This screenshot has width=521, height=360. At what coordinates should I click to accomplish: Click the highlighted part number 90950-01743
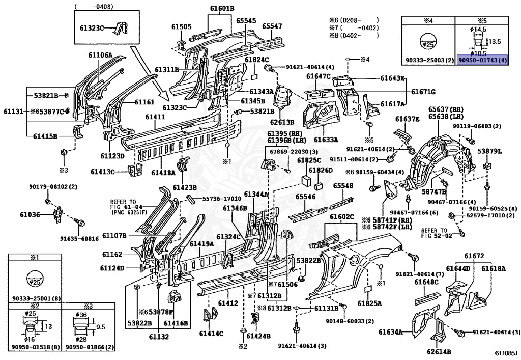pyautogui.click(x=482, y=60)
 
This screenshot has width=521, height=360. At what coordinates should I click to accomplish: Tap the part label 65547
pyautogui.click(x=272, y=25)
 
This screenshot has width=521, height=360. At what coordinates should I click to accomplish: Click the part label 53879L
pyautogui.click(x=493, y=152)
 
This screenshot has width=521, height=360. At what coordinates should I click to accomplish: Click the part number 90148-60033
pyautogui.click(x=350, y=321)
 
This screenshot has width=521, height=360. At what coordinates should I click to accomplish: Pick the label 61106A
pyautogui.click(x=100, y=55)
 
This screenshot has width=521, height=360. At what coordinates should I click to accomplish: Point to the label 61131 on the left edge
pyautogui.click(x=12, y=110)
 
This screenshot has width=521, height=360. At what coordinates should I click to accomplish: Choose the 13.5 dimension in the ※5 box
pyautogui.click(x=495, y=41)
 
